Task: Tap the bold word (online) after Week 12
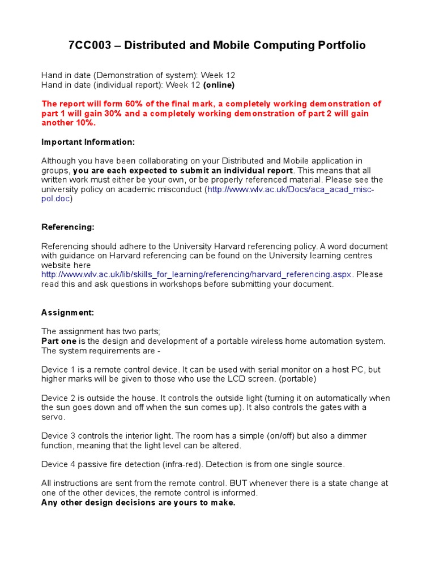point(219,85)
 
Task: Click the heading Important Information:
point(88,142)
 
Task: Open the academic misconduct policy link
point(291,189)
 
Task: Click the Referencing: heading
point(68,227)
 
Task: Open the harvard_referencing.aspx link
point(197,274)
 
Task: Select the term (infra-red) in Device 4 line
point(183,464)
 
